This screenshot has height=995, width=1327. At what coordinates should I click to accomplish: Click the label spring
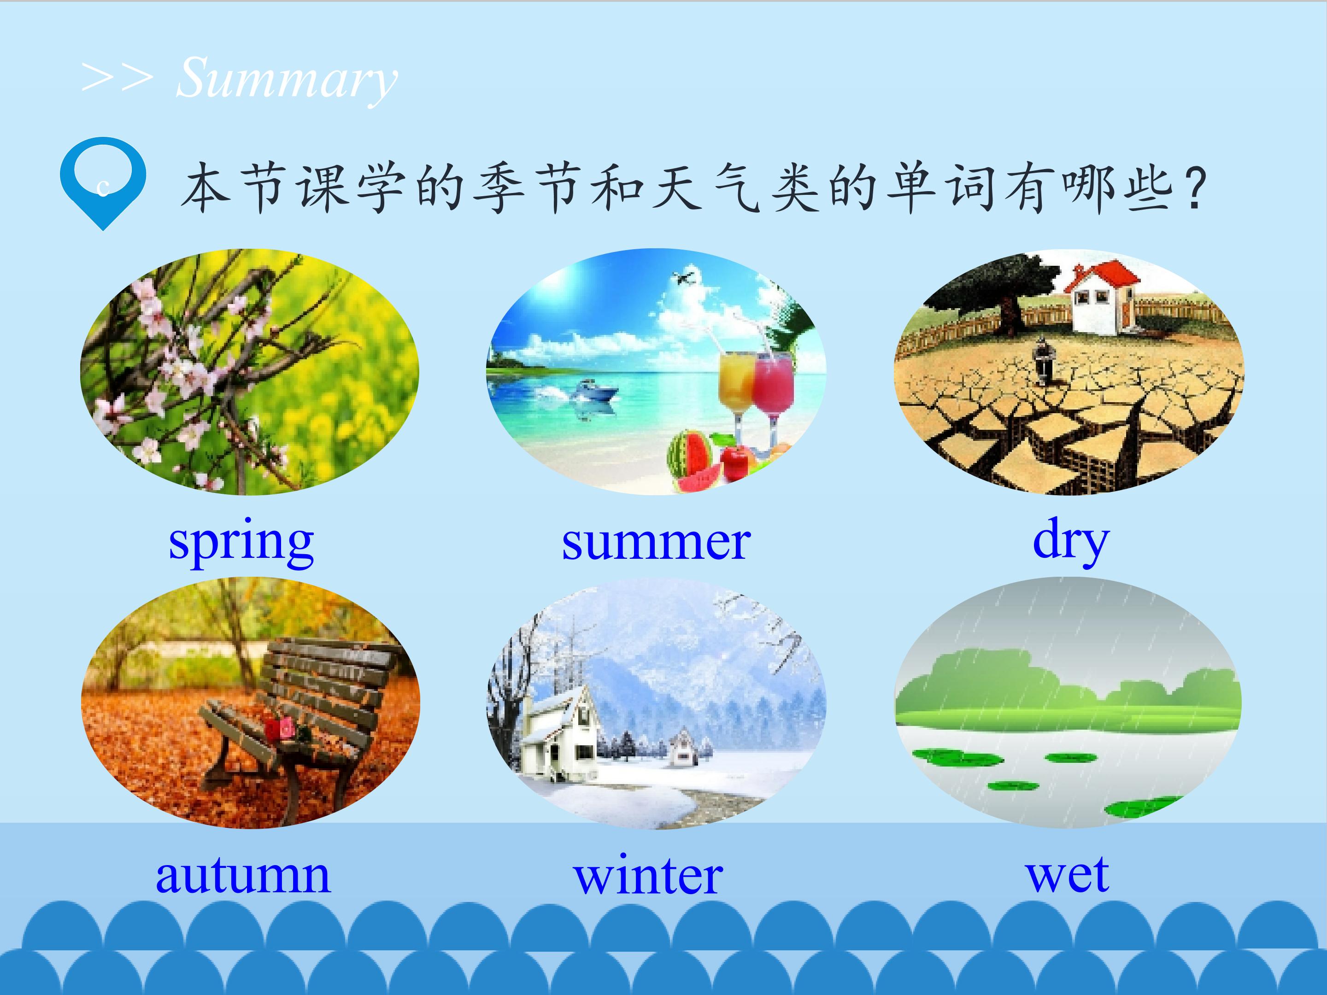click(x=241, y=542)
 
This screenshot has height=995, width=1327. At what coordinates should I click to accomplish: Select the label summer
click(x=656, y=542)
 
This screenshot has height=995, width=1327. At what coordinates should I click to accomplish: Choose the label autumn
click(x=243, y=875)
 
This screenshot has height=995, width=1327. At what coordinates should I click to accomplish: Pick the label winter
click(x=648, y=875)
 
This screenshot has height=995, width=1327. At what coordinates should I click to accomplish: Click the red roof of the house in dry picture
click(x=1104, y=277)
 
